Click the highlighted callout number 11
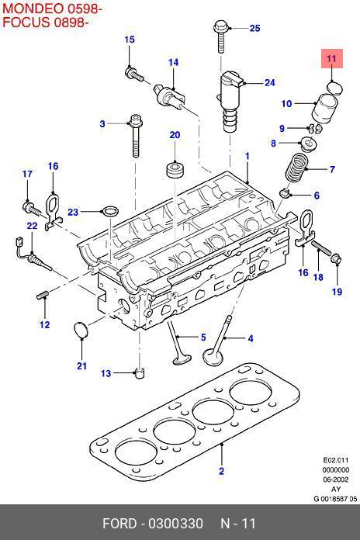(331, 58)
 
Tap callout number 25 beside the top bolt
(255, 28)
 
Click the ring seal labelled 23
(110, 211)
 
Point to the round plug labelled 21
(81, 330)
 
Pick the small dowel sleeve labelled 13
(139, 373)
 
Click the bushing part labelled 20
(175, 169)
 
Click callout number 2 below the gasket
(222, 470)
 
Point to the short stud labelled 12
(43, 295)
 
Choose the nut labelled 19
(336, 259)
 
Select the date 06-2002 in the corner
(335, 479)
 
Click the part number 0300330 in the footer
(175, 524)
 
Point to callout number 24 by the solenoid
(270, 83)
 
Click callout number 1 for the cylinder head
(247, 156)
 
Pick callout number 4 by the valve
(251, 338)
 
